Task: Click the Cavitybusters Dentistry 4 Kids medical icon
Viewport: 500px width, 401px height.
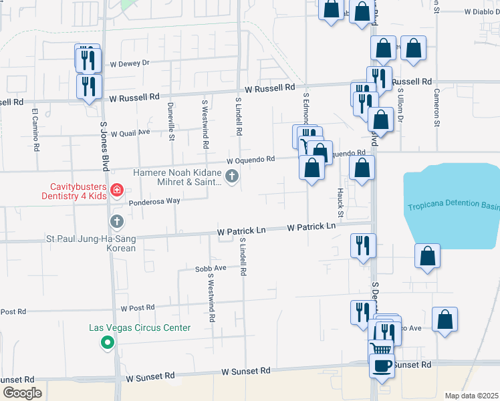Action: pos(117,191)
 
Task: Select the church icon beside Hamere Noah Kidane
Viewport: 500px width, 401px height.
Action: pos(232,176)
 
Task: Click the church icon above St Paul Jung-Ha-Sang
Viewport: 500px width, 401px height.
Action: pos(117,221)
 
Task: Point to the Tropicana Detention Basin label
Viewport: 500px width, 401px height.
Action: pos(453,205)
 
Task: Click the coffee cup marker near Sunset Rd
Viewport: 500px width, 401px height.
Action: pos(382,366)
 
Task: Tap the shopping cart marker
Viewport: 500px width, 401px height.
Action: pos(380,348)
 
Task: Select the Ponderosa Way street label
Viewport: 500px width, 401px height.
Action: pos(154,200)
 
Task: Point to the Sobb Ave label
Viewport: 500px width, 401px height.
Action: pos(211,269)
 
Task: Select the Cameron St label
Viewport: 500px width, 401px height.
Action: pos(436,108)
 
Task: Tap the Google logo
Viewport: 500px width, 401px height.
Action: pos(21,393)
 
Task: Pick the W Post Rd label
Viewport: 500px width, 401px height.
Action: pos(137,307)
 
